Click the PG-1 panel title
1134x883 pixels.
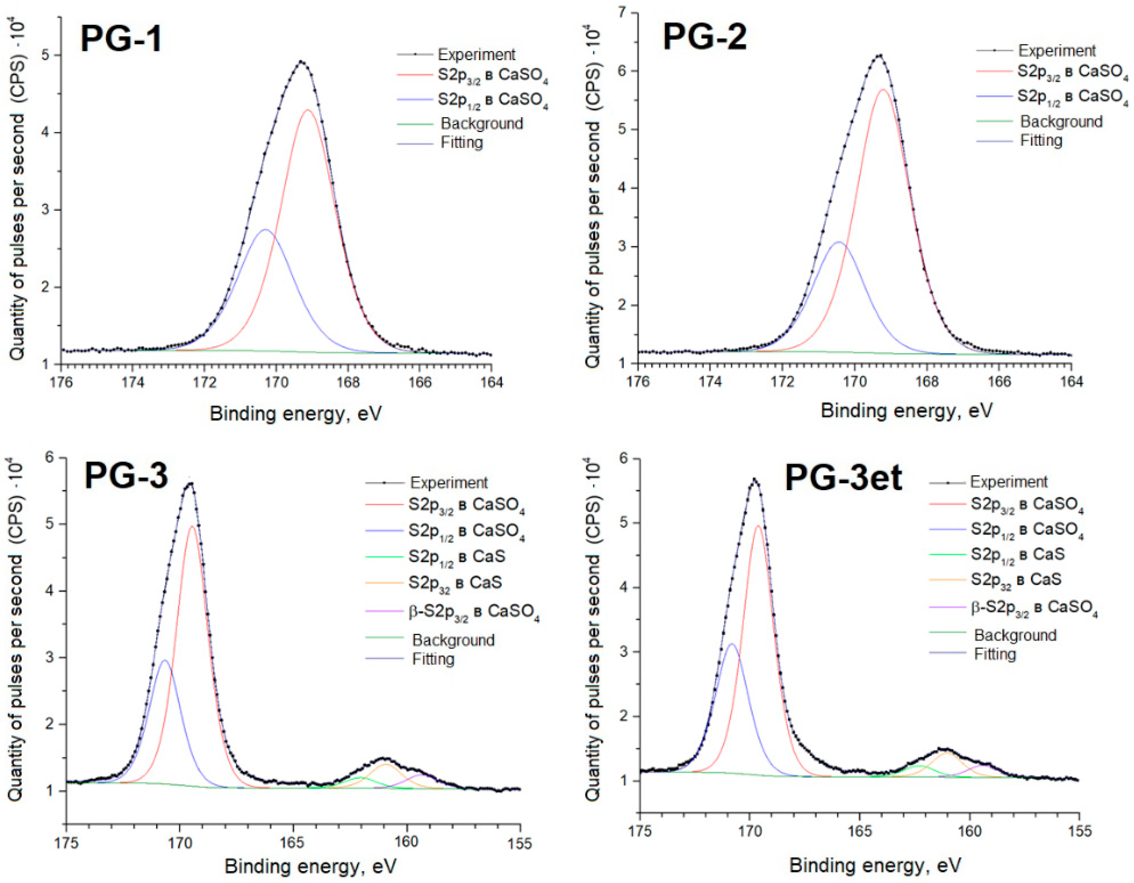pos(121,39)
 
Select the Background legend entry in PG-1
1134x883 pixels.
pos(481,124)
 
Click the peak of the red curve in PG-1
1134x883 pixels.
pos(308,110)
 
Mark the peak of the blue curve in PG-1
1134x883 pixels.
pos(265,229)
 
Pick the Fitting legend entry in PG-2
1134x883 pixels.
pos(1041,140)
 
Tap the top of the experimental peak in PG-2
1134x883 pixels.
pos(879,55)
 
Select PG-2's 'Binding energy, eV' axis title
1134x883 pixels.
pos(906,411)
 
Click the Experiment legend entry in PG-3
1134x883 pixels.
pos(449,482)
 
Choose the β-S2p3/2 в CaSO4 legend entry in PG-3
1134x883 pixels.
pos(474,611)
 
